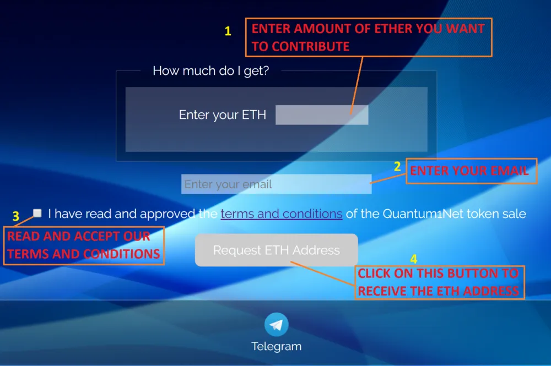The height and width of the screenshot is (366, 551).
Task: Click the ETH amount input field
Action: [x=322, y=114]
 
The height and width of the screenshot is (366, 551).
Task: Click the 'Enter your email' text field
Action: [x=276, y=184]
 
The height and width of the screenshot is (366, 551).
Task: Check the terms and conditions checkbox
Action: [x=37, y=213]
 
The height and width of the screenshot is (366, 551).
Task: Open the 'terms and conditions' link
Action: [x=282, y=214]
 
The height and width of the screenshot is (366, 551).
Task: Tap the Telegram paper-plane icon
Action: [x=277, y=325]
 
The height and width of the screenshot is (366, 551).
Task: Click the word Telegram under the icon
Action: [x=277, y=346]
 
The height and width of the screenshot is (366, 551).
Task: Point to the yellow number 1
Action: [x=228, y=31]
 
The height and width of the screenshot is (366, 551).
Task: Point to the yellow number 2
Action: [x=397, y=166]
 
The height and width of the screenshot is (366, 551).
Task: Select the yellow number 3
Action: [x=16, y=216]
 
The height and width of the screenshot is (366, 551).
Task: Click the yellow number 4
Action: [x=414, y=259]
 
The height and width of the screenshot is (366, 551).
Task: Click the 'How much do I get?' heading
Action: [x=211, y=71]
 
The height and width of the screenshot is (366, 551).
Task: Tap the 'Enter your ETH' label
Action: [x=223, y=114]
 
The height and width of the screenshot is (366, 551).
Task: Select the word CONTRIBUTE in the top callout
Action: [x=311, y=46]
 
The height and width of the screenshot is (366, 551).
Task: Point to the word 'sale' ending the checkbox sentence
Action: [x=516, y=214]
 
